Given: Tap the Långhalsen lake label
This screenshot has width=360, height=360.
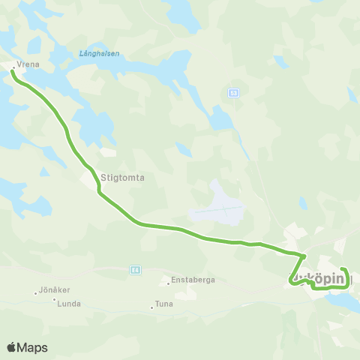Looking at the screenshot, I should click(x=99, y=53).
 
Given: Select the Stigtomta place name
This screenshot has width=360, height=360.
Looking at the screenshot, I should click(x=121, y=178).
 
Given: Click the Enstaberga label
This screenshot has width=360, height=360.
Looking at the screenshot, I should click(x=193, y=280).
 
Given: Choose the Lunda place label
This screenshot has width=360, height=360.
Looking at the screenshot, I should click(x=69, y=304).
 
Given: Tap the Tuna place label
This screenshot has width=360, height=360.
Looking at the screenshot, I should click(x=163, y=304).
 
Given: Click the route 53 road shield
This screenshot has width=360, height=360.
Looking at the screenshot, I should click(x=233, y=92).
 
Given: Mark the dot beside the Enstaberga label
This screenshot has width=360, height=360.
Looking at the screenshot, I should click(x=169, y=283).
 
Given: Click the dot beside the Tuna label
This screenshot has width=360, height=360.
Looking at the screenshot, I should click(x=151, y=307).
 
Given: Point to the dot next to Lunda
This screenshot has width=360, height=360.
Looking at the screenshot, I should click(x=55, y=300).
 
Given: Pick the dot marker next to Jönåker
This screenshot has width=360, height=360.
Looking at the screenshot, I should click(x=35, y=292).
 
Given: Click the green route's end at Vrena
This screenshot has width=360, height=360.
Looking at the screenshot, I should click(x=13, y=72).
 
